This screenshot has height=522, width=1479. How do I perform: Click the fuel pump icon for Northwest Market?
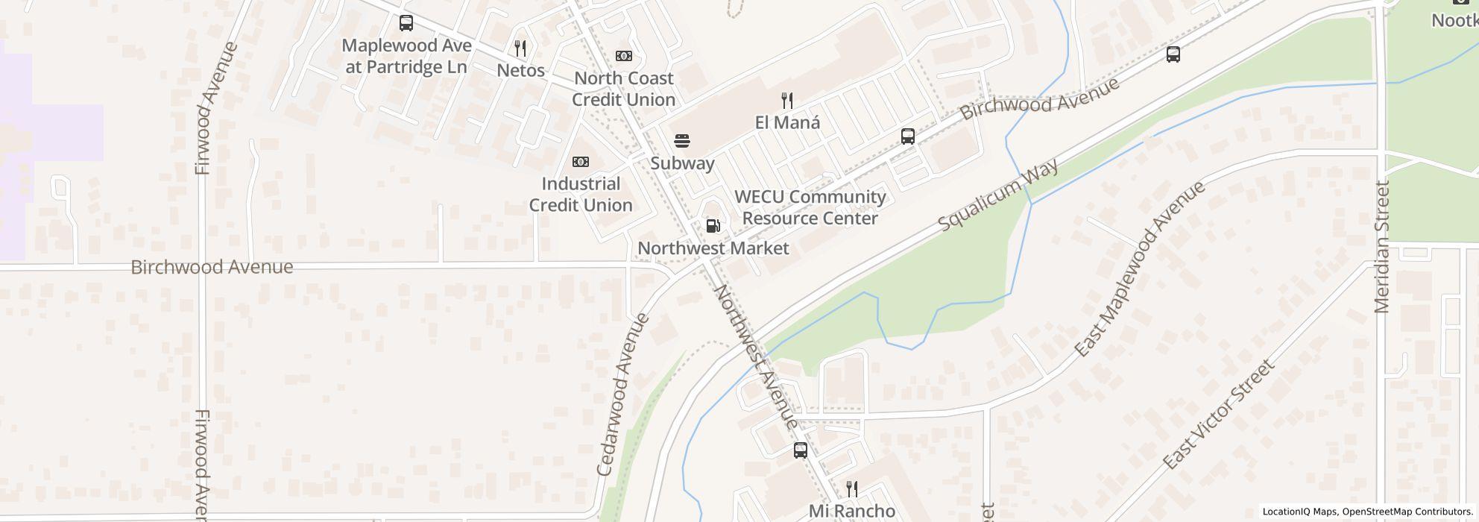coord(713,225)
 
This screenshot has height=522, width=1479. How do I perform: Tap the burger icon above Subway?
coord(682,140)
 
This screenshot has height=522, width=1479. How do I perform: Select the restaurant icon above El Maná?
coord(787,100)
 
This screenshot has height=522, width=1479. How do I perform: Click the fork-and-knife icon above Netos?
coord(520,48)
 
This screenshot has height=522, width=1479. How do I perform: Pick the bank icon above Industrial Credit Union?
coord(580,162)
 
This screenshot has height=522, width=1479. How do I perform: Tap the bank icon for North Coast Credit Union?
coord(623,56)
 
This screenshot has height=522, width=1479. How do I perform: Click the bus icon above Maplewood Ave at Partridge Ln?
coord(406,23)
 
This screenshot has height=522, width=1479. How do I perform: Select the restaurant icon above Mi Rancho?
coord(851,489)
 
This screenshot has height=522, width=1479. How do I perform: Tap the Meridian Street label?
coord(1382,247)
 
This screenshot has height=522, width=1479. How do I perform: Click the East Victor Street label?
coord(1218,415)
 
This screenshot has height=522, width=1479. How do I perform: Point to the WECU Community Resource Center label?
coord(810,207)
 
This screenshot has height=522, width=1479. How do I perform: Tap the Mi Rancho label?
coord(852,511)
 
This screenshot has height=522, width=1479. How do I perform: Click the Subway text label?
coord(682,163)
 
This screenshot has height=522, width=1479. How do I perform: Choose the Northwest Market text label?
coord(713,248)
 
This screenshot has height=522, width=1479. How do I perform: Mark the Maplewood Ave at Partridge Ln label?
coord(406,56)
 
